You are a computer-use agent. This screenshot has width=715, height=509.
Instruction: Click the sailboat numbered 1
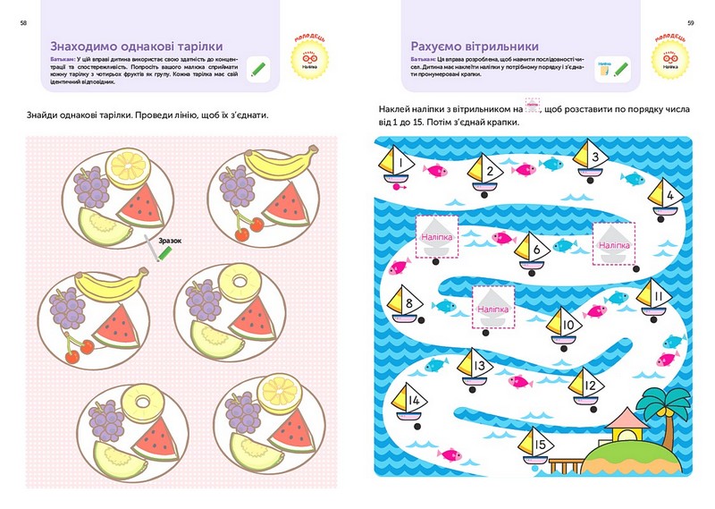[396, 165]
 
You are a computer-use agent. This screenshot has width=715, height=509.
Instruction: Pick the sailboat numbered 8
[404, 304]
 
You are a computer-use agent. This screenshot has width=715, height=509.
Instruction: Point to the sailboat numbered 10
[566, 325]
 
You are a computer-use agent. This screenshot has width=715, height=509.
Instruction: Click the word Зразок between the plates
[170, 241]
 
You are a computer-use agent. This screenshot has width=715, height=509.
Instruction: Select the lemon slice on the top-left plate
[123, 166]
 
